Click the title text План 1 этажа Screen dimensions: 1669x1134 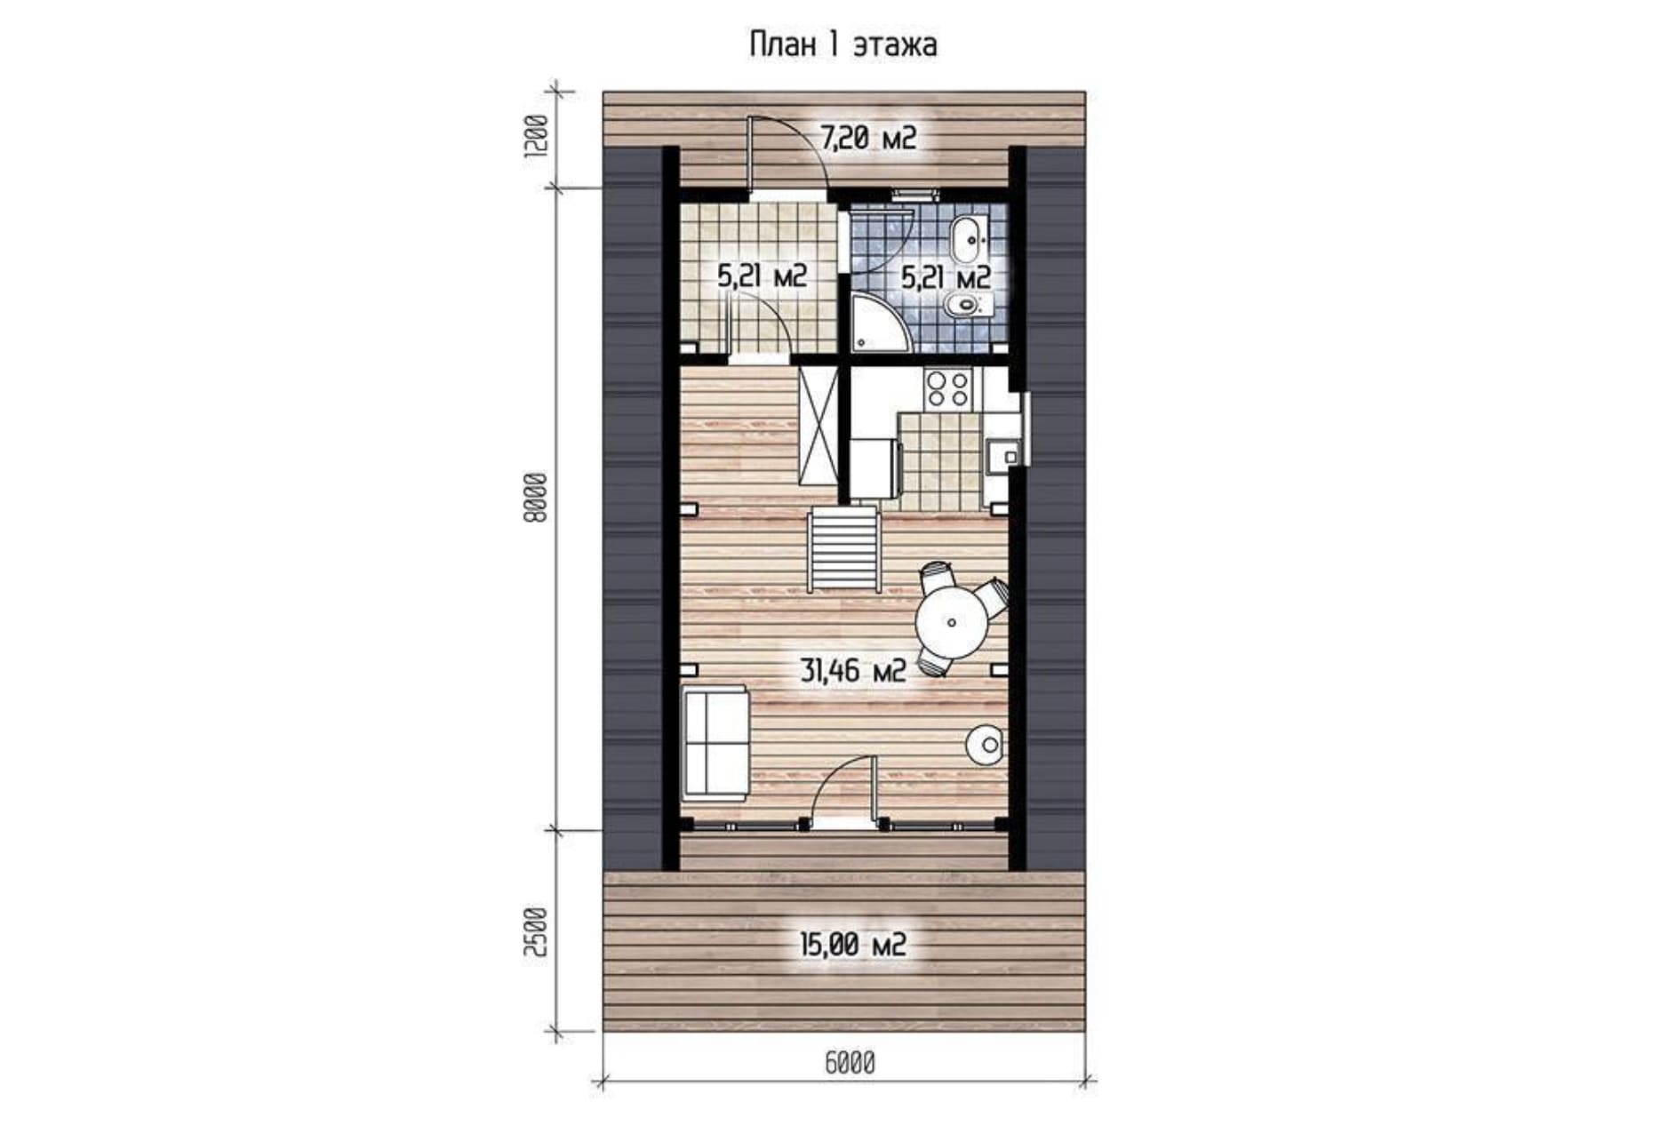pyautogui.click(x=842, y=44)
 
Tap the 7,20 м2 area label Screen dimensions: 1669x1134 pyautogui.click(x=867, y=139)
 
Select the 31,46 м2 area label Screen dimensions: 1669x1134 pyautogui.click(x=853, y=670)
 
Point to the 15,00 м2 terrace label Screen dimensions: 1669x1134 pyautogui.click(x=853, y=944)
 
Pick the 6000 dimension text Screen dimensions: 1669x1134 pyautogui.click(x=850, y=1063)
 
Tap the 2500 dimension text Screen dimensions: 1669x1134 pyautogui.click(x=536, y=931)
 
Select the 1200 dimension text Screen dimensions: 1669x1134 pyautogui.click(x=536, y=138)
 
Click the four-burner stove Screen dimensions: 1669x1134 pyautogui.click(x=948, y=389)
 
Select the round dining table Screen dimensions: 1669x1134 pyautogui.click(x=952, y=622)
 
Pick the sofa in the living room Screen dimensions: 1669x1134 pyautogui.click(x=715, y=742)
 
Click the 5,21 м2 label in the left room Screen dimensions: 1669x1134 pyautogui.click(x=762, y=276)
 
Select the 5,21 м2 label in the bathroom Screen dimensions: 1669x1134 pyautogui.click(x=946, y=277)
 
